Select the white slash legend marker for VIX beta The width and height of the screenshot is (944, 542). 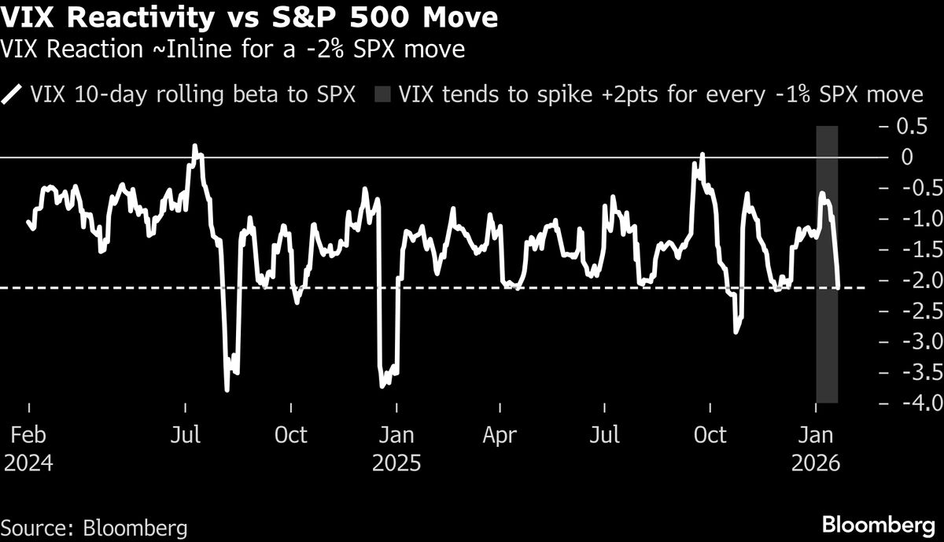click(13, 95)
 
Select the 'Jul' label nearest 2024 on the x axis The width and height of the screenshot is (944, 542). click(185, 435)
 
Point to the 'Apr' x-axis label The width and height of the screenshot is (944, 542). click(501, 435)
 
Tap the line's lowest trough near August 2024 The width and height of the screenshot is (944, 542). click(227, 389)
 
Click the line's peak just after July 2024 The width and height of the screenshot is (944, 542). click(195, 146)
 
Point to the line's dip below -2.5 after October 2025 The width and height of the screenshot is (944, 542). click(736, 332)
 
